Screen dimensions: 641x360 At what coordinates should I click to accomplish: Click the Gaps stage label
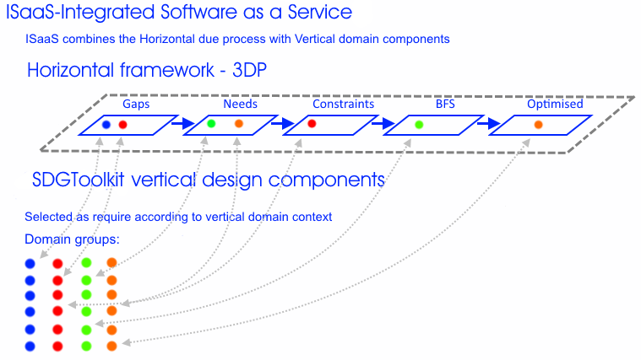(136, 104)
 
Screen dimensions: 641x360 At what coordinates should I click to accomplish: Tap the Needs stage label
(240, 104)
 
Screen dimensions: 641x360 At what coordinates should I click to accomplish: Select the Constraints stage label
(344, 104)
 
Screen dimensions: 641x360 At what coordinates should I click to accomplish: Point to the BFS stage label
(445, 104)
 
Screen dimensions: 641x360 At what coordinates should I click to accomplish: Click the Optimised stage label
(555, 104)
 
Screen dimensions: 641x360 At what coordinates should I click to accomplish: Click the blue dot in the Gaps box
(106, 125)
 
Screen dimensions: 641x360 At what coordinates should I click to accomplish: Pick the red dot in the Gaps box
(122, 125)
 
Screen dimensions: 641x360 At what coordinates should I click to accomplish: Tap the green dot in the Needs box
(211, 123)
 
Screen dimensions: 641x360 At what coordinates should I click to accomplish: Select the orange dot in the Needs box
(239, 123)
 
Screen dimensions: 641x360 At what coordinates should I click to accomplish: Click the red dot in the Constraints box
(312, 123)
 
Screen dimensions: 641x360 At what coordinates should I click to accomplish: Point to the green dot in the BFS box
(419, 125)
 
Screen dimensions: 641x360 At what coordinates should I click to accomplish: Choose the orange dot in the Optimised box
(539, 125)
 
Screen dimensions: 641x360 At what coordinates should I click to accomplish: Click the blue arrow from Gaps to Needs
(182, 123)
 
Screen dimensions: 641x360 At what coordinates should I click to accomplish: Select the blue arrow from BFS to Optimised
(489, 123)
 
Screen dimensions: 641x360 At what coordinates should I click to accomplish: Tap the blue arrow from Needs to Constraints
(283, 123)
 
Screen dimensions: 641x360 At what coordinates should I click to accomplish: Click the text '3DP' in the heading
(249, 70)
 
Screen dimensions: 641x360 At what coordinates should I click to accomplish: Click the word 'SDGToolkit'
(78, 180)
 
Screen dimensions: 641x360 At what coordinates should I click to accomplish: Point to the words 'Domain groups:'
(72, 239)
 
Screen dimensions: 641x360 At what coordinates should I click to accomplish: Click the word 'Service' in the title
(320, 12)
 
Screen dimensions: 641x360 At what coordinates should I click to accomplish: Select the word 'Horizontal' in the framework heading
(71, 70)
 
